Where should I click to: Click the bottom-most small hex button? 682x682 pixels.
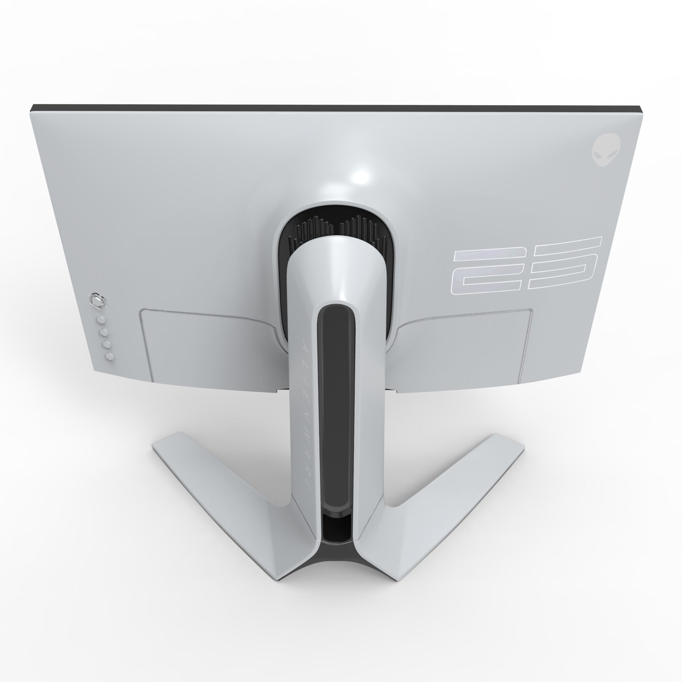pyautogui.click(x=109, y=357)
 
